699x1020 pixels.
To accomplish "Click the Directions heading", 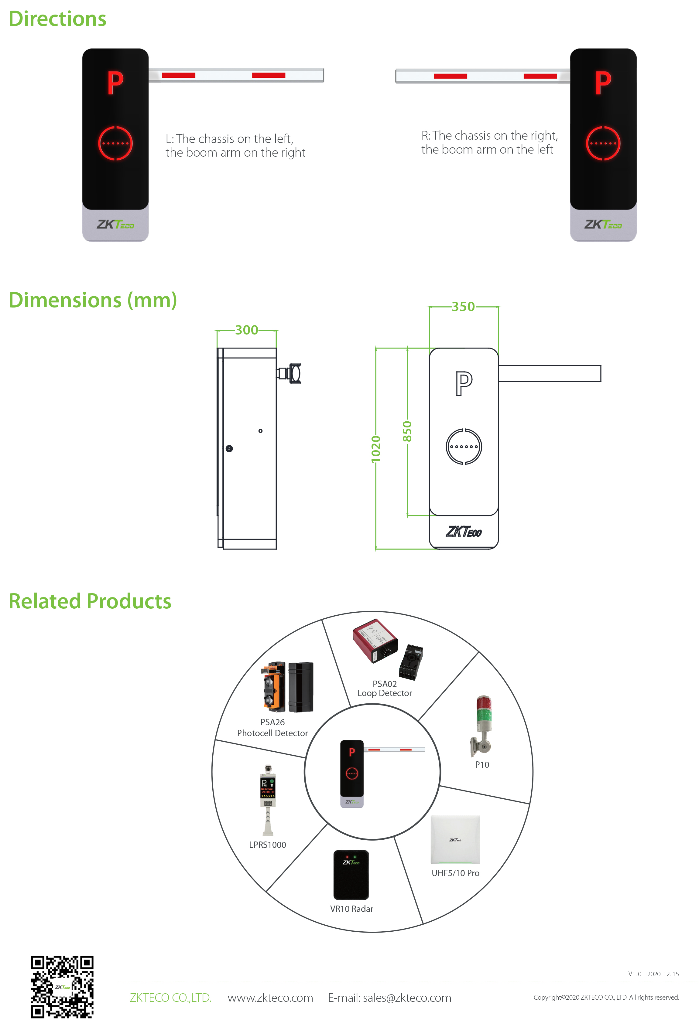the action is coord(57,19).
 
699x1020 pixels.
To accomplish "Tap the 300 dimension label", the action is coord(247,330).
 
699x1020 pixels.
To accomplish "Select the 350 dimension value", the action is coord(464,306).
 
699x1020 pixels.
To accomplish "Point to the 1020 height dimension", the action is coord(376,449).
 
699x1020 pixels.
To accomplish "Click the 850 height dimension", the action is coord(407,431).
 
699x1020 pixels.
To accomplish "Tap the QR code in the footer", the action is coord(62,987).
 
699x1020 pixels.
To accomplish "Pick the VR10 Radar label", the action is coord(352,909).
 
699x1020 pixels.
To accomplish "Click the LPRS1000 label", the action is coord(267,845).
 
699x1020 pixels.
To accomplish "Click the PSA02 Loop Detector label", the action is coord(385,688).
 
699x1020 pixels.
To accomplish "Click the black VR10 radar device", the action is coord(351,875).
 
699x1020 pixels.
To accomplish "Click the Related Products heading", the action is coord(90,601).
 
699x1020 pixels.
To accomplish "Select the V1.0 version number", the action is coord(635,974).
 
